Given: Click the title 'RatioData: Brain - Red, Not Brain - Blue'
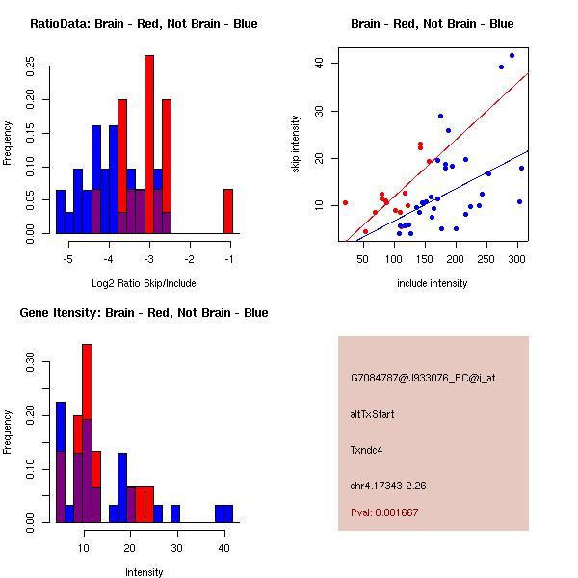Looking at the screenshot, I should [144, 24].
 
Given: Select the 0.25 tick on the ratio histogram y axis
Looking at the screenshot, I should [32, 68].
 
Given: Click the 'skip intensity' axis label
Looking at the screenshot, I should [296, 144].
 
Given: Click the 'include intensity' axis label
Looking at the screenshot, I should [433, 284].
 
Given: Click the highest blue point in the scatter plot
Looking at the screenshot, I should [512, 55].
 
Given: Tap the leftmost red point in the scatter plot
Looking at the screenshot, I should [345, 202].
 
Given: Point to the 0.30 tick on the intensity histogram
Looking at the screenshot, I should [32, 365].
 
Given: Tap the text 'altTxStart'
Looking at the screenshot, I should [373, 414].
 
